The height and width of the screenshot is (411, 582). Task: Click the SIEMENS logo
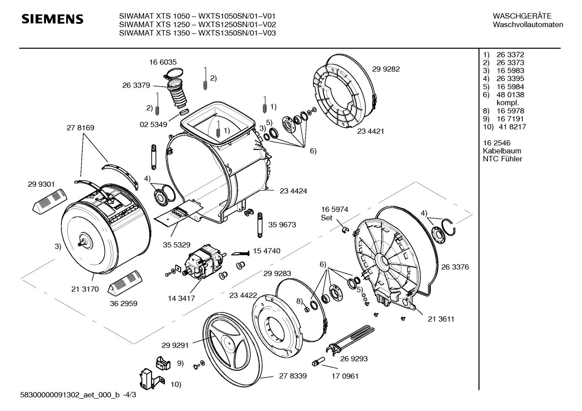click(x=52, y=19)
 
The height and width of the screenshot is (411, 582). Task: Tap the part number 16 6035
click(x=163, y=62)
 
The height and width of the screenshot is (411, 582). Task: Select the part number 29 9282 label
click(x=386, y=69)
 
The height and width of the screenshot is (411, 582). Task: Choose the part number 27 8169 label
click(x=80, y=128)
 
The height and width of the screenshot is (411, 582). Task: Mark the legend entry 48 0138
click(x=510, y=95)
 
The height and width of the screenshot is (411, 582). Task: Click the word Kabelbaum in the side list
click(x=502, y=151)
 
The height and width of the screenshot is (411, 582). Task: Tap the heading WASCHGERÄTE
click(x=522, y=16)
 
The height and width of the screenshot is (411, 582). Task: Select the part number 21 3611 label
click(x=441, y=319)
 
